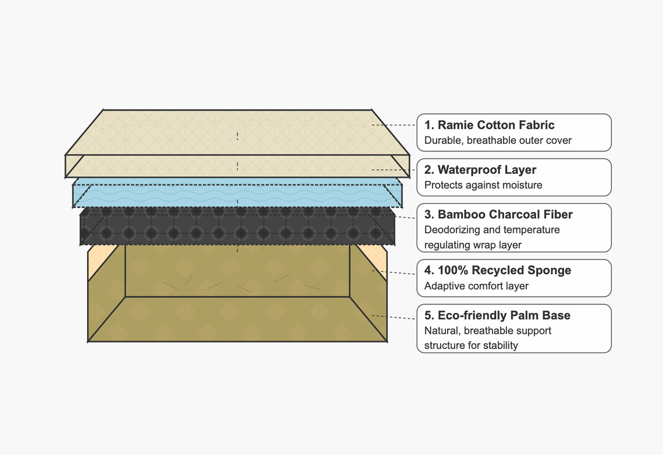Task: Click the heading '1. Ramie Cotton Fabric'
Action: [489, 125]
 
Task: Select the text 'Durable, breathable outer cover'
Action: [498, 140]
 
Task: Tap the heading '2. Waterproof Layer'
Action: [480, 170]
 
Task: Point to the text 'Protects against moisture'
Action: [483, 185]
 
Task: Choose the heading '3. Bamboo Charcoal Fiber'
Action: [498, 214]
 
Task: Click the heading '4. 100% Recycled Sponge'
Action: [498, 270]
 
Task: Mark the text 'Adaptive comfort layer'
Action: [476, 286]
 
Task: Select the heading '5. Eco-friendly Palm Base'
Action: [497, 315]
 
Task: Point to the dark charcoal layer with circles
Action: [237, 229]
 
